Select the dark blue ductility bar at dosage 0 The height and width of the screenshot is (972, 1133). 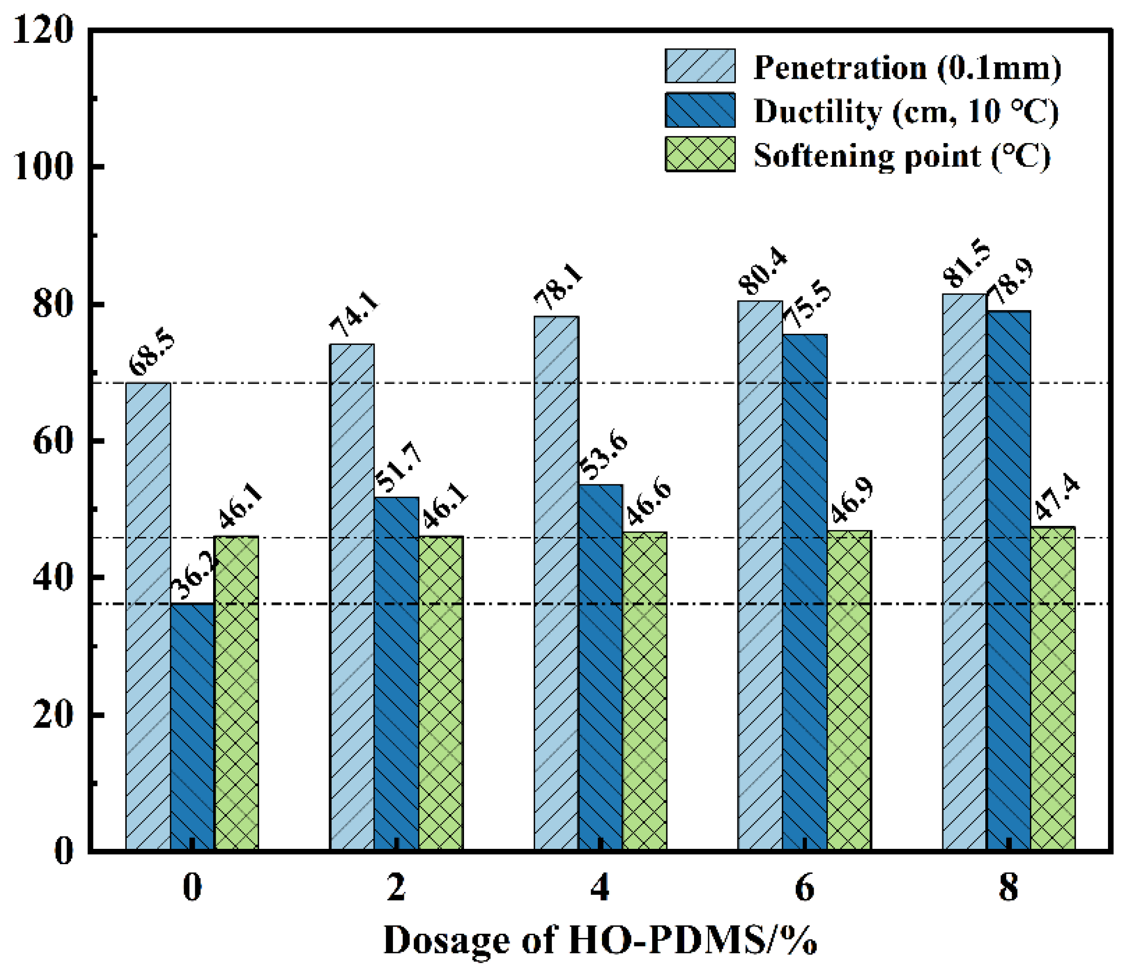(193, 727)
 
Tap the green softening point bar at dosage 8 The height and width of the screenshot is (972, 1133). (1053, 689)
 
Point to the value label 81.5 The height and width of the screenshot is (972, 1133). (967, 264)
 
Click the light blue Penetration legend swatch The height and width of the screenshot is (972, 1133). (700, 66)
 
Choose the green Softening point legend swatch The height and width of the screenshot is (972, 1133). (700, 155)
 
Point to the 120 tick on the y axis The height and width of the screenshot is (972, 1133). (42, 30)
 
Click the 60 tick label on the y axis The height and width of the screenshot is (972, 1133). (53, 441)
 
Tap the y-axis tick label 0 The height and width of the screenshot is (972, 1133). (63, 851)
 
